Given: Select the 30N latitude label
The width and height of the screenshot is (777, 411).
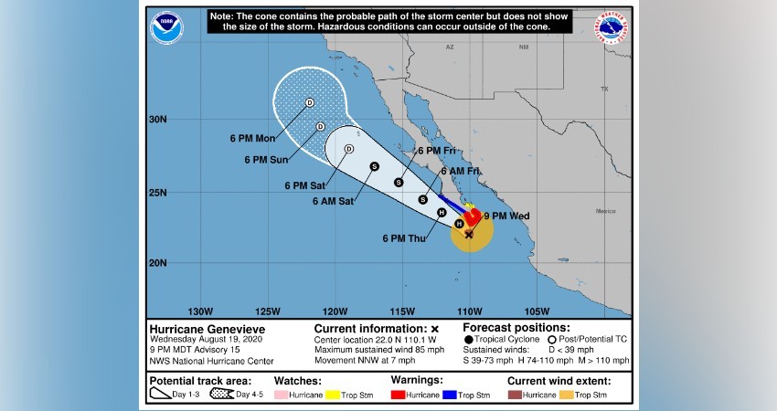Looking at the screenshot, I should (157, 120).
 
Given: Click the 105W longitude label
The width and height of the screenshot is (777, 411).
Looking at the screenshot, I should (538, 310).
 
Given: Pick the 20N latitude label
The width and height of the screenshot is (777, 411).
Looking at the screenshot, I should (157, 263).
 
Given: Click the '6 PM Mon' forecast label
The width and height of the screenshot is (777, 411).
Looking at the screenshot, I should (252, 139).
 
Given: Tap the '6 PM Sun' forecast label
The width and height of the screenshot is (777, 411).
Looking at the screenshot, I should (267, 160).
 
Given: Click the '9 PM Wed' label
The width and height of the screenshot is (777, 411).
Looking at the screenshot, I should (506, 216).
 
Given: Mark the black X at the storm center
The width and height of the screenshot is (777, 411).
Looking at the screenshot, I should (469, 235).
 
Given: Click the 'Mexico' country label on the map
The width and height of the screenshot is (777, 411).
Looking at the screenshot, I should (607, 211).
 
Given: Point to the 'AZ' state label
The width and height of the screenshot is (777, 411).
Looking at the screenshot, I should (450, 47).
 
